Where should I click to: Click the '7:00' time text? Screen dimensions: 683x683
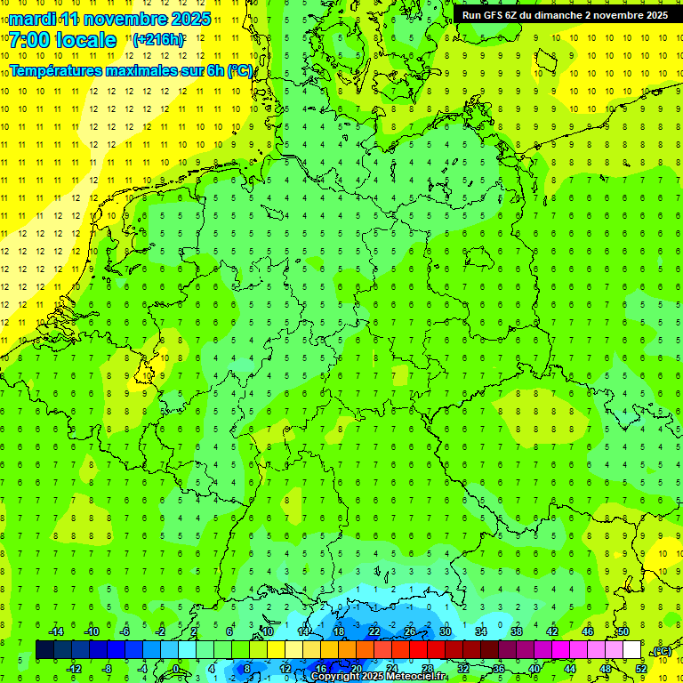point(30,40)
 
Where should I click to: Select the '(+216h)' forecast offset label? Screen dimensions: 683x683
point(158,40)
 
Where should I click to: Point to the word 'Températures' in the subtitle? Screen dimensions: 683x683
point(62,70)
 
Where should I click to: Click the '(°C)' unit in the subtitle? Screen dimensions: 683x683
point(240,70)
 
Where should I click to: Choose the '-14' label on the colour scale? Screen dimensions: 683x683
point(56,631)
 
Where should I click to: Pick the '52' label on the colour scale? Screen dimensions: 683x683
point(641,669)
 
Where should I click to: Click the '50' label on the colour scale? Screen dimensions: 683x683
point(623,631)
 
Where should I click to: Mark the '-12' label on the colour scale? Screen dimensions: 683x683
point(74,669)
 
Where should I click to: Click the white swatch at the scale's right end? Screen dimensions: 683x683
point(632,650)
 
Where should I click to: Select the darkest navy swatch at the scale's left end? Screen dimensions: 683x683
point(44,650)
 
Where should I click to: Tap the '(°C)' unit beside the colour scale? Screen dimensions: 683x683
point(662,652)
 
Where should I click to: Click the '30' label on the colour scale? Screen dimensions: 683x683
point(445,631)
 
